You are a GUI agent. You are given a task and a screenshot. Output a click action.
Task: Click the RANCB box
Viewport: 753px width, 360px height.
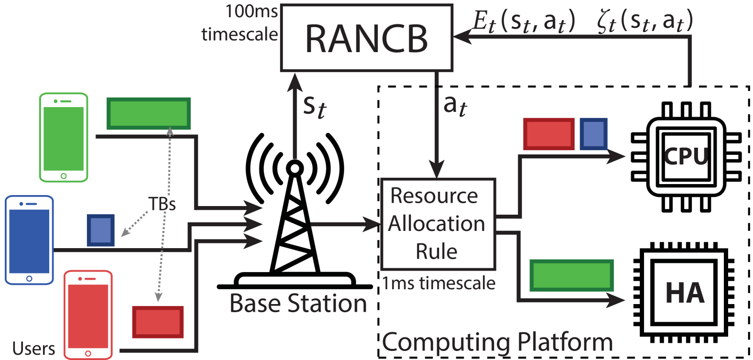[366, 38]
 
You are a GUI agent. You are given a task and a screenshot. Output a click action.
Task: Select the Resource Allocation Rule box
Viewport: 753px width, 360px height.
[437, 224]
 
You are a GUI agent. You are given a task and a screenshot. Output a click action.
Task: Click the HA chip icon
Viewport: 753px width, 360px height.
[685, 293]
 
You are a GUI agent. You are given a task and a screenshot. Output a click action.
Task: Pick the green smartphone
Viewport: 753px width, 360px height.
[64, 138]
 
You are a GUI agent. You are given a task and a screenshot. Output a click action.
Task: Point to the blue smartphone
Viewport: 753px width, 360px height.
[29, 240]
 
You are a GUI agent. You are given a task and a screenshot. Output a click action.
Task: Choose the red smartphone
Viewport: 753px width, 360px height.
[88, 315]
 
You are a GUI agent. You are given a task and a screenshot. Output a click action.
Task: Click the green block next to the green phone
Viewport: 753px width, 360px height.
[149, 113]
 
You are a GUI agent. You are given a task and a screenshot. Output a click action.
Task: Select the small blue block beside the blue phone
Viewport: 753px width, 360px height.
[101, 230]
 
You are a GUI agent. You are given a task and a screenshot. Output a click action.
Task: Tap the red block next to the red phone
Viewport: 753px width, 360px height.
[158, 322]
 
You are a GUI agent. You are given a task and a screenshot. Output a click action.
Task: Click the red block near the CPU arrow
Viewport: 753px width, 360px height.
[549, 134]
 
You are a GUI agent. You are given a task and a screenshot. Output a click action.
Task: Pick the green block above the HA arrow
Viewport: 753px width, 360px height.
[571, 275]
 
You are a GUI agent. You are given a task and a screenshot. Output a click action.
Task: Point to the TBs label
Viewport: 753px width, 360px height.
[162, 204]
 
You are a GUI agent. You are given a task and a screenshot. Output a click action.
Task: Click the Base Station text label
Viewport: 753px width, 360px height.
[298, 303]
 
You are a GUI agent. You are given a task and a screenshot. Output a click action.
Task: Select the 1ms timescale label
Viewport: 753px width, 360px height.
[439, 284]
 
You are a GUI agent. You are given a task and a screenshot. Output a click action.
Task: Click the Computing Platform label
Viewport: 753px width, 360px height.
[497, 342]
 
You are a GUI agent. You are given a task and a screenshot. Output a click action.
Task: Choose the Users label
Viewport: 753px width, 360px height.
[33, 349]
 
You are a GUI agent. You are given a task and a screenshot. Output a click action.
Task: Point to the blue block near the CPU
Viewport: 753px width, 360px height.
[593, 134]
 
